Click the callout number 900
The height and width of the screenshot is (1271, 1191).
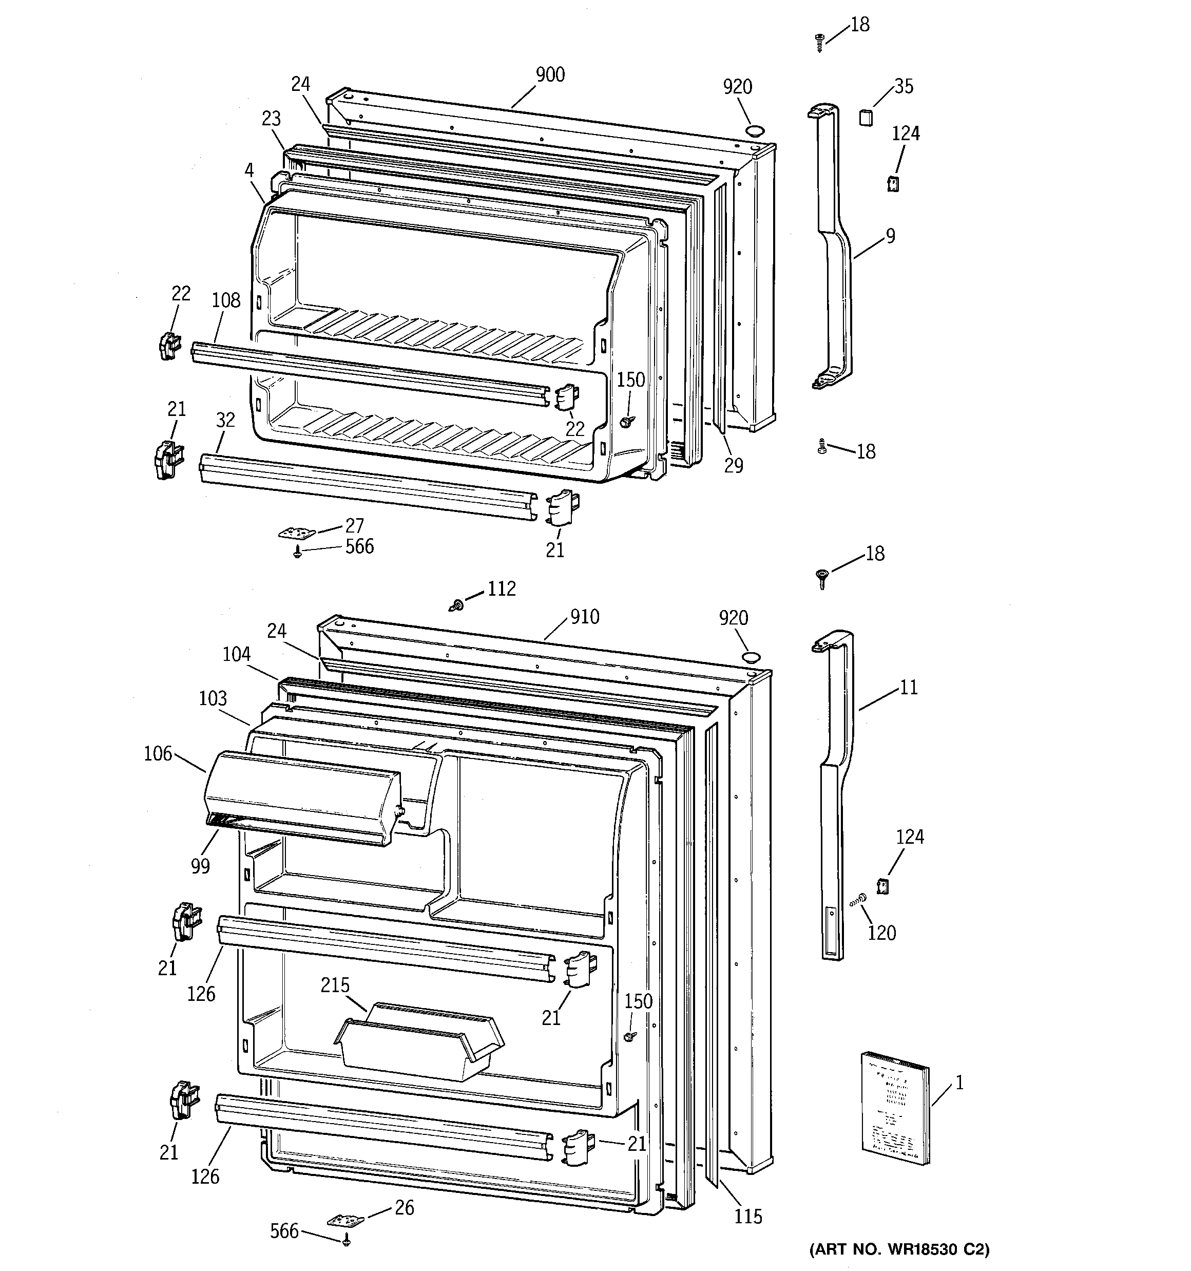(550, 75)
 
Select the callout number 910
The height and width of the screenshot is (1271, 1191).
(584, 616)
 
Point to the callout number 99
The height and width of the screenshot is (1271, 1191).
(200, 866)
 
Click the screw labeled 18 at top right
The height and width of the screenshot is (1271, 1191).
(819, 42)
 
